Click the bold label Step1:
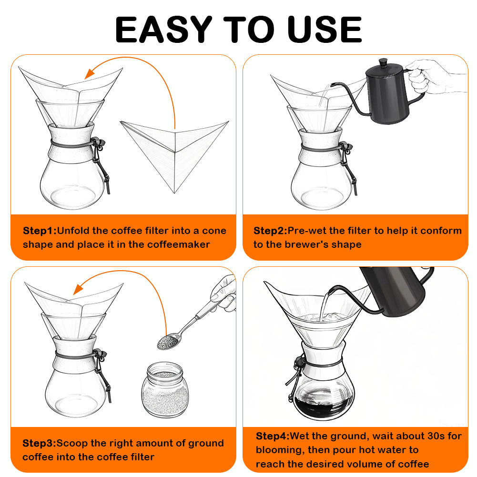[40, 231]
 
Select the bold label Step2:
[271, 231]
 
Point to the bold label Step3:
[40, 443]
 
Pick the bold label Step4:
[273, 436]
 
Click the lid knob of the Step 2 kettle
[383, 62]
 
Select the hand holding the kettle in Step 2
[432, 76]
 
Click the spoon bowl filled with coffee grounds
[168, 342]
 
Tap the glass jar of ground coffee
[165, 389]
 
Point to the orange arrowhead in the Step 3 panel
[79, 289]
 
